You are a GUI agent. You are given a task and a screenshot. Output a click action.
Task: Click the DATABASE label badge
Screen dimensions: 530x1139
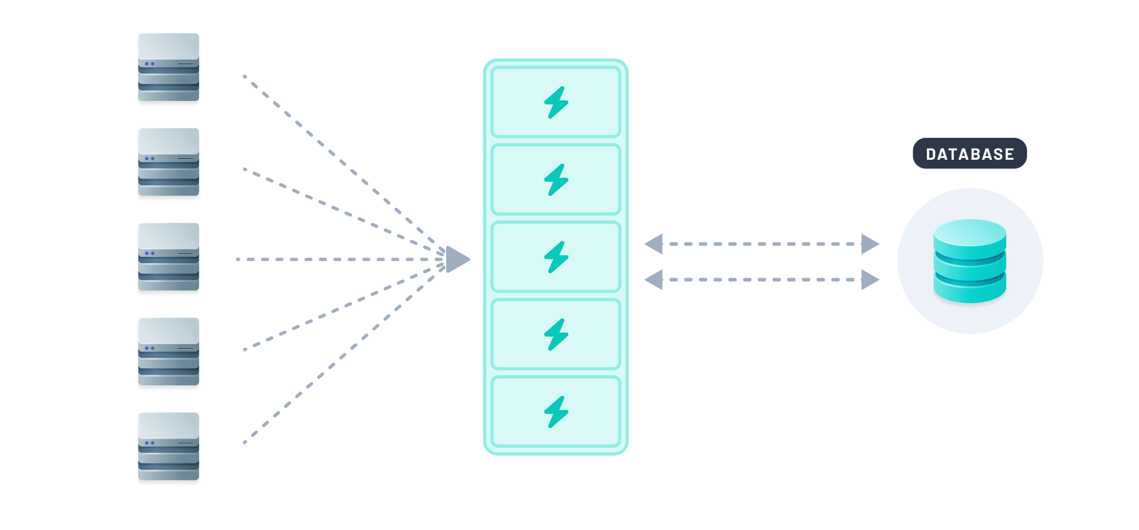point(969,153)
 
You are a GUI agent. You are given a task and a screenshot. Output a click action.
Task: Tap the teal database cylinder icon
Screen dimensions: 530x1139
point(969,261)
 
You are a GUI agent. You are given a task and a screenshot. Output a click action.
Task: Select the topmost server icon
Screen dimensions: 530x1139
point(168,67)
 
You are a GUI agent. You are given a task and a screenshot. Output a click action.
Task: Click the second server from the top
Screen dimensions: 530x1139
point(168,162)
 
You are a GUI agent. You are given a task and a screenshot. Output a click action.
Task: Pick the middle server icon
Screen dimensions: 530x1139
point(168,257)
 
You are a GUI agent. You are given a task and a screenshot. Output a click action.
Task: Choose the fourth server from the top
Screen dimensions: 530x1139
point(168,351)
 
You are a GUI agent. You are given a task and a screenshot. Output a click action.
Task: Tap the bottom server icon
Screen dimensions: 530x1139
point(168,446)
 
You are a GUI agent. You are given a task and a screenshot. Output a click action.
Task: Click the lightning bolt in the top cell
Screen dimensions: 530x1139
point(556,102)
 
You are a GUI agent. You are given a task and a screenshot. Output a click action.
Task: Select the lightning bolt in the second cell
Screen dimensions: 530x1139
point(556,180)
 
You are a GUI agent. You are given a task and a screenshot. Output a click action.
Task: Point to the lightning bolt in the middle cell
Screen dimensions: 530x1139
point(556,257)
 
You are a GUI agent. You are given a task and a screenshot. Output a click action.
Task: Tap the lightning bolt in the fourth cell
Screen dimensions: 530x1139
point(556,335)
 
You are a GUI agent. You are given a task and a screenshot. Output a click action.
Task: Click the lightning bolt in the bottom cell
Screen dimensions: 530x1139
point(556,412)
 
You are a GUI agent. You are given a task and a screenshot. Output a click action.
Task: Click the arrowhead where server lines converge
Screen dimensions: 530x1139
point(457,259)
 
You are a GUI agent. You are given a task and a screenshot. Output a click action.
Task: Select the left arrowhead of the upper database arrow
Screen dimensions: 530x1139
point(654,244)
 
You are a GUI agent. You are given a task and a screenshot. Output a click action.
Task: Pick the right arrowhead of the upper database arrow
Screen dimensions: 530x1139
point(870,244)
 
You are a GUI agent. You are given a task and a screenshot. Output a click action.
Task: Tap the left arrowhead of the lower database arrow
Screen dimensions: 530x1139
point(654,279)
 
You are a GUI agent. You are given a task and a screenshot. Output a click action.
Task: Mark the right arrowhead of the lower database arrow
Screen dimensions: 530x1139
point(870,279)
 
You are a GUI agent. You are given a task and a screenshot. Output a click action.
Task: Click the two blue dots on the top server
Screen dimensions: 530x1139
point(150,64)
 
